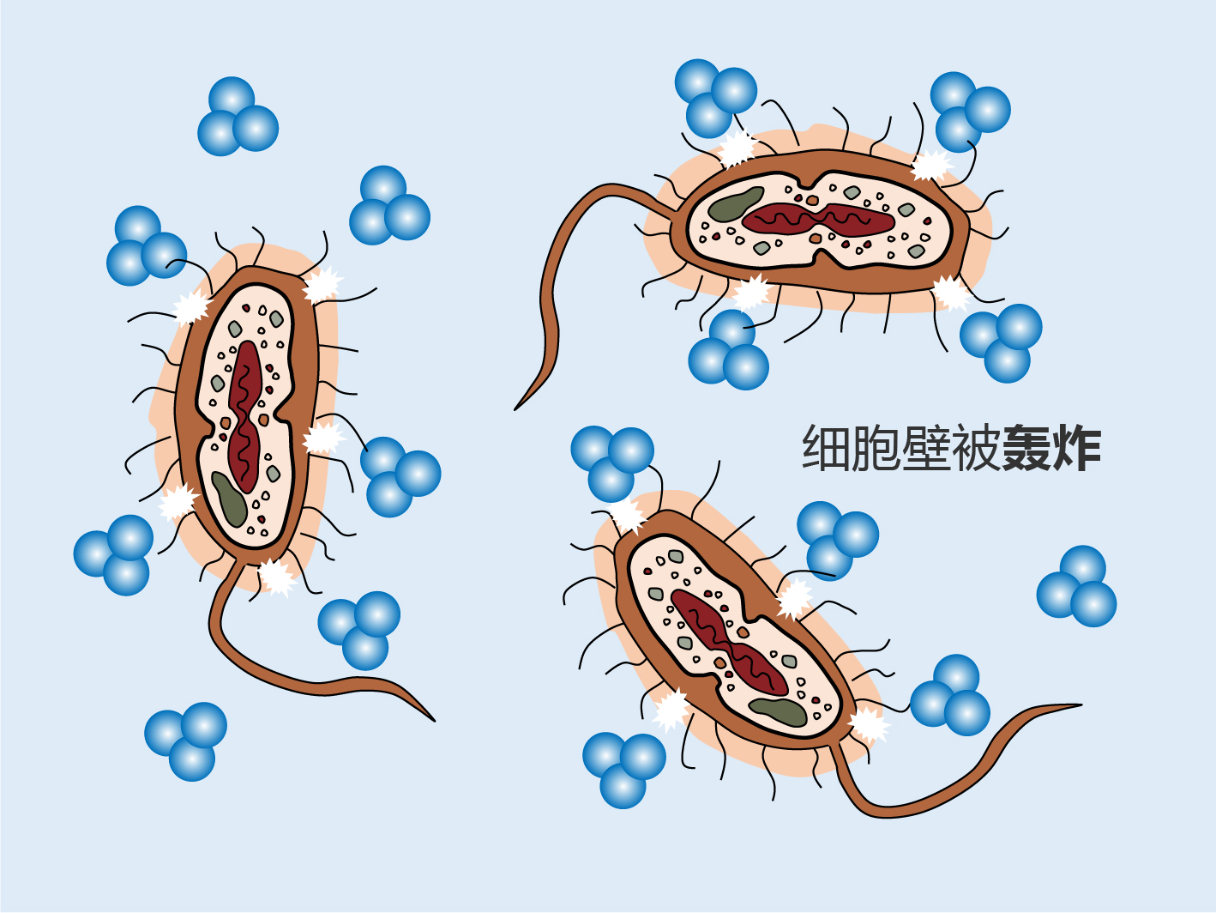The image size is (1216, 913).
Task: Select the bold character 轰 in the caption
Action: (x=1026, y=449)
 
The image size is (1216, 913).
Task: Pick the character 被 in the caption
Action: (x=976, y=449)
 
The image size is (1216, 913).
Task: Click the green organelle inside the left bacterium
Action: (x=229, y=499)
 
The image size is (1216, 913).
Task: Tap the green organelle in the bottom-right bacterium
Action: (x=777, y=711)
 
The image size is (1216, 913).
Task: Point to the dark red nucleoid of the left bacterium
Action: (x=244, y=417)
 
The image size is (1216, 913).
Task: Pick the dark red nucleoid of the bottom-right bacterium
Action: (x=729, y=643)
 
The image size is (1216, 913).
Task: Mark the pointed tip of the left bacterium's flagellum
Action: (x=434, y=721)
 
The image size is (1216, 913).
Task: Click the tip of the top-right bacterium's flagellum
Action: (x=515, y=409)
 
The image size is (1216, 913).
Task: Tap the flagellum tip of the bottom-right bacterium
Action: (x=1081, y=705)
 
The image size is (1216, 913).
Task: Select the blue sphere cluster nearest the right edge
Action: (x=1076, y=586)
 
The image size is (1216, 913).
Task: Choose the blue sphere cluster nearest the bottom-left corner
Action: (x=185, y=741)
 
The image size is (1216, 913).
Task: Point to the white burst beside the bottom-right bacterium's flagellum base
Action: (x=868, y=724)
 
